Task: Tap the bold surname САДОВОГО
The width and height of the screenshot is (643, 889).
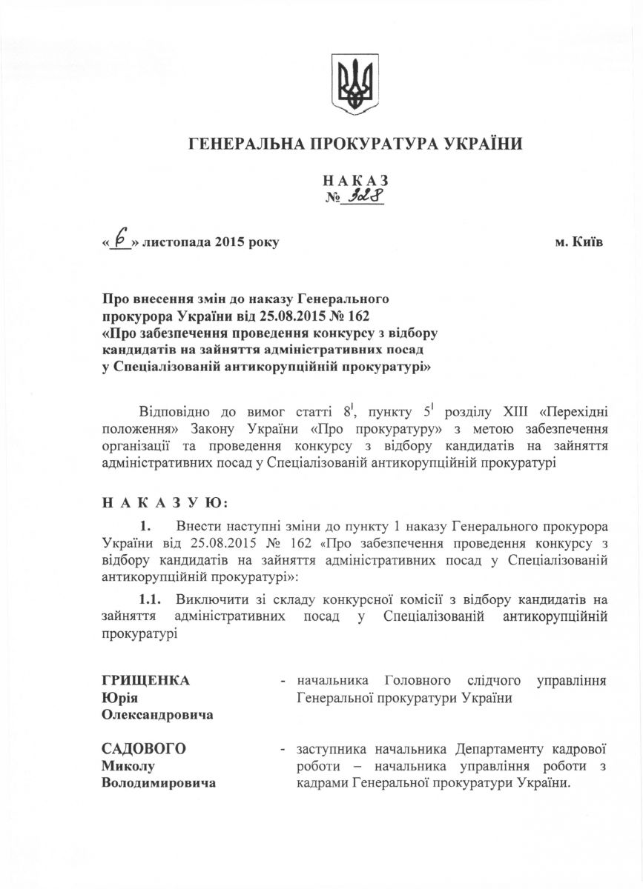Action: tap(143, 749)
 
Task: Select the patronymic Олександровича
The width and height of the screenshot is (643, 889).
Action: tap(157, 715)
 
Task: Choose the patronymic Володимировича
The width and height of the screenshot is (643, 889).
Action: tap(159, 783)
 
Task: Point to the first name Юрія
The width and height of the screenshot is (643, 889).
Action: tap(120, 698)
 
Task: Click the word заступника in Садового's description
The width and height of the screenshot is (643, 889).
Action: tap(331, 749)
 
